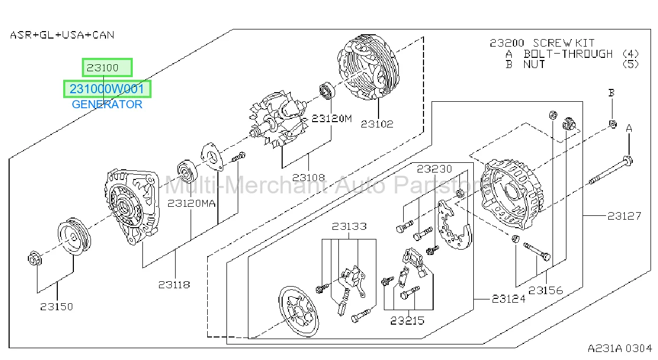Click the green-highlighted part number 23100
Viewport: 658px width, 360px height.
[x=102, y=68]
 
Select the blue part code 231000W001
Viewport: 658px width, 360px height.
[x=107, y=89]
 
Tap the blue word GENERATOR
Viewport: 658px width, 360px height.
[x=107, y=104]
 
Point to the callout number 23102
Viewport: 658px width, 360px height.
[x=377, y=124]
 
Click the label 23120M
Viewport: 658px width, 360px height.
[x=331, y=118]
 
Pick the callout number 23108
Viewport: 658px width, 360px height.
[x=308, y=177]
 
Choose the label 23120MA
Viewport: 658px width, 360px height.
[x=191, y=203]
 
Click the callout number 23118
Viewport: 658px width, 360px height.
[x=174, y=284]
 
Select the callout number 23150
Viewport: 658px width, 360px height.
[x=56, y=306]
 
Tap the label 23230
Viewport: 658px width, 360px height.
[x=434, y=169]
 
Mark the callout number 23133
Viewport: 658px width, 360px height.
[x=349, y=226]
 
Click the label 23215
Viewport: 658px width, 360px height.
[x=407, y=320]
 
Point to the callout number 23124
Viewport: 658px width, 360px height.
[x=509, y=299]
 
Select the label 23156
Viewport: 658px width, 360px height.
[x=546, y=290]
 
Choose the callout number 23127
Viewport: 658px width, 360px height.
[x=624, y=216]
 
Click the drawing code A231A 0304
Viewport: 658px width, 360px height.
[x=620, y=348]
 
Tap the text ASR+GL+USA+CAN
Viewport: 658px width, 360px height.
[x=62, y=35]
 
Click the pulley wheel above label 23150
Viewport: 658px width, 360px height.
[x=74, y=236]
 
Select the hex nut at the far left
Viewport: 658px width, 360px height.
[x=35, y=258]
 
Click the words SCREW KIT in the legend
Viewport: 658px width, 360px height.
[x=563, y=43]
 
